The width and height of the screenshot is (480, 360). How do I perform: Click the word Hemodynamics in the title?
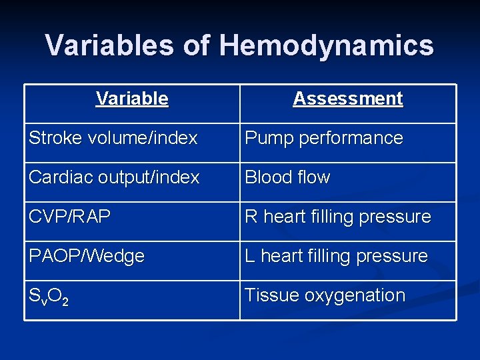pos(326,46)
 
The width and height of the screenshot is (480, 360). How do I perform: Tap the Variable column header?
pos(132,99)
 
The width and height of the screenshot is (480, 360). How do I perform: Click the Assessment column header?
pos(348,99)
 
